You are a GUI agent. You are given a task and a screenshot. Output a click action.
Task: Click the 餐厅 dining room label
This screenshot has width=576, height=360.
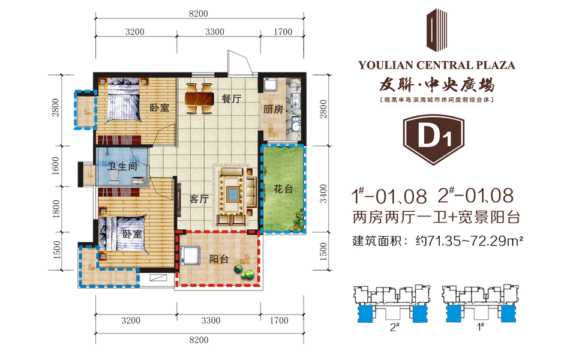tap(232, 98)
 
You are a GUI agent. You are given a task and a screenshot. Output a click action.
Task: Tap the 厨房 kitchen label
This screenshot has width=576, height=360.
tap(274, 109)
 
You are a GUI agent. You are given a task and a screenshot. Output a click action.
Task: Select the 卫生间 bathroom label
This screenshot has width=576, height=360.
tap(122, 166)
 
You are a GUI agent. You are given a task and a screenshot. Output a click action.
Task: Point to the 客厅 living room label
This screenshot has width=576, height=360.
tap(199, 199)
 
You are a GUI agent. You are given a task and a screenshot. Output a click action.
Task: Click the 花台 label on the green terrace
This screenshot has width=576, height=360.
tap(283, 189)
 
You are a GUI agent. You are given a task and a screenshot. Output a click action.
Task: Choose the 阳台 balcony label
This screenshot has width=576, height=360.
tap(219, 259)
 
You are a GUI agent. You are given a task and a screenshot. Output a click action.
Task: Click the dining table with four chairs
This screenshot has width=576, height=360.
tap(199, 98)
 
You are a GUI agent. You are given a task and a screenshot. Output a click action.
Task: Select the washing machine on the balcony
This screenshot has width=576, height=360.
tap(190, 255)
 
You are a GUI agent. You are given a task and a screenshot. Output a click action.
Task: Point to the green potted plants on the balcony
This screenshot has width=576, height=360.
tap(245, 272)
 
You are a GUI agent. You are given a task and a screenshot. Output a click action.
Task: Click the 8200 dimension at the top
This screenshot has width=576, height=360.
tap(199, 14)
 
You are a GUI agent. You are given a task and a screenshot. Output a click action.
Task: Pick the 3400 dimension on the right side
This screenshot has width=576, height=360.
tap(323, 193)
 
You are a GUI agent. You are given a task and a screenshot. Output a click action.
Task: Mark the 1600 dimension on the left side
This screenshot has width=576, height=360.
tap(55, 166)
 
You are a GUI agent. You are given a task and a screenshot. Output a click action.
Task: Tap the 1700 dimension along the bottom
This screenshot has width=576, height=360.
tap(279, 320)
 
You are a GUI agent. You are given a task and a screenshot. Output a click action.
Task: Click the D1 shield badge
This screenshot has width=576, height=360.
tap(433, 139)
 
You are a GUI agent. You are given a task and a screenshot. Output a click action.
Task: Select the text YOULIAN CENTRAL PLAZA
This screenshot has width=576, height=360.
tap(437, 65)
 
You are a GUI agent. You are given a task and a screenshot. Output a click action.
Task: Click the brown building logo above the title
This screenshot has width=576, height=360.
tap(436, 30)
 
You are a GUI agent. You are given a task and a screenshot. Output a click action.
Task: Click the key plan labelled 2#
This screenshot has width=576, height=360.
tap(392, 305)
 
